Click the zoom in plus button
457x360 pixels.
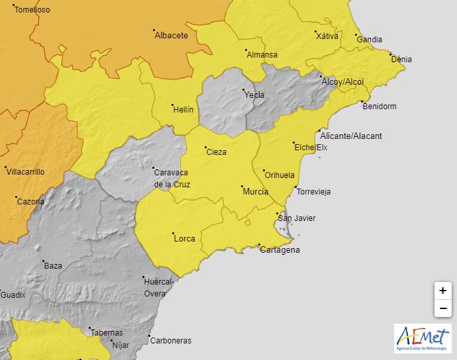(442, 291)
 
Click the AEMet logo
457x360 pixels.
(422, 338)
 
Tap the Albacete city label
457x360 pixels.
(171, 36)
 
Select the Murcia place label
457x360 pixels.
(256, 191)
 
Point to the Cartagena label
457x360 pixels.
(279, 249)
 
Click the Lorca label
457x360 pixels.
(184, 239)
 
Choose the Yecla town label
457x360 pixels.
(254, 95)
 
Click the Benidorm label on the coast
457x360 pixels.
(379, 106)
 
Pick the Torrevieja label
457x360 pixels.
(313, 192)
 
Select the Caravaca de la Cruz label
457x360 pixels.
(172, 178)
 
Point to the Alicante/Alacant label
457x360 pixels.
(351, 136)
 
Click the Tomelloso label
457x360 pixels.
(32, 10)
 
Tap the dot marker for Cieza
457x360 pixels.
(205, 147)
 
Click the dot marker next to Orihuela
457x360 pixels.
(263, 170)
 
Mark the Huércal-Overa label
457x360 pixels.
(159, 287)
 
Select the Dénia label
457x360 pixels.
(401, 60)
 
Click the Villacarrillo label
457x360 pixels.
(25, 171)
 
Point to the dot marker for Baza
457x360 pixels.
(44, 261)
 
